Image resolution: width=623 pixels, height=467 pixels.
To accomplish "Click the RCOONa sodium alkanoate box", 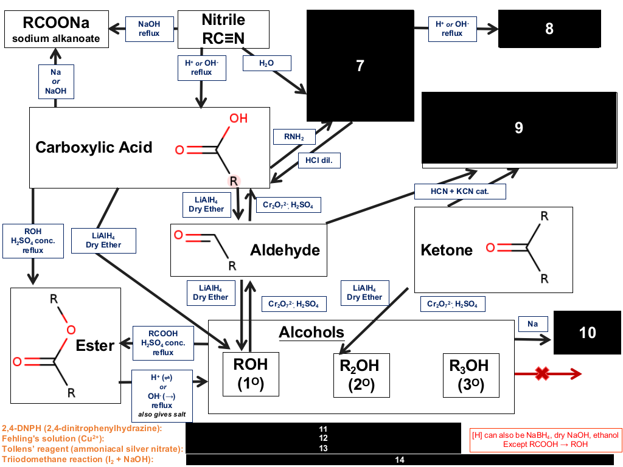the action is pyautogui.click(x=57, y=29).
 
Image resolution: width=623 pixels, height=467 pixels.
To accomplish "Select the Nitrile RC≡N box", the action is pyautogui.click(x=223, y=29).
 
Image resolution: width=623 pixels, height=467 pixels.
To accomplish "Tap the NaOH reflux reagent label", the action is pyautogui.click(x=150, y=29).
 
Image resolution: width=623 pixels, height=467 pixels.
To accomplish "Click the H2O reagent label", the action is pyautogui.click(x=266, y=63).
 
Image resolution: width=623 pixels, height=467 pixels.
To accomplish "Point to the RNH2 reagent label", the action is pyautogui.click(x=294, y=137).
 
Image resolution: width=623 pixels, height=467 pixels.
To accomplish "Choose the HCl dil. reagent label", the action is pyautogui.click(x=319, y=161).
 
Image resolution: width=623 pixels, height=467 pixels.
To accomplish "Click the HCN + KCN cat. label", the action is pyautogui.click(x=460, y=192).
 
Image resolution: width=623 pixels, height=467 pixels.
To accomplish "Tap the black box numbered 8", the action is pyautogui.click(x=549, y=29).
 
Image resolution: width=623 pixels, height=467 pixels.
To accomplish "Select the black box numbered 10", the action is pyautogui.click(x=587, y=333).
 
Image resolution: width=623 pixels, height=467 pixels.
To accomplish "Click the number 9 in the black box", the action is pyautogui.click(x=519, y=128).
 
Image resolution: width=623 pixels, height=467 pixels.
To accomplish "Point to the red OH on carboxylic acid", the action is pyautogui.click(x=238, y=119).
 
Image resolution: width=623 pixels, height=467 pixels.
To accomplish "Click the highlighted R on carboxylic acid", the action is pyautogui.click(x=234, y=181).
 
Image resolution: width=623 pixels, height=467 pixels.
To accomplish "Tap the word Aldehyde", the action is pyautogui.click(x=285, y=250).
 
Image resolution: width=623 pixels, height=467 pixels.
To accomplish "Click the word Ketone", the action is pyautogui.click(x=447, y=250).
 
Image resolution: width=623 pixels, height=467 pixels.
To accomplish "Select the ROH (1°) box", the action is pyautogui.click(x=251, y=374).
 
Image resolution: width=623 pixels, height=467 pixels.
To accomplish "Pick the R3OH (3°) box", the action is pyautogui.click(x=471, y=375).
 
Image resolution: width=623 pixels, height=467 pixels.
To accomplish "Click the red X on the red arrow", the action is pyautogui.click(x=542, y=373).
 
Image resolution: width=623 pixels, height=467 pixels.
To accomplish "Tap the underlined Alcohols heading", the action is pyautogui.click(x=311, y=333).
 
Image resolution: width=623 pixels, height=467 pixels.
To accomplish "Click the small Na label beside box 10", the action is pyautogui.click(x=533, y=324).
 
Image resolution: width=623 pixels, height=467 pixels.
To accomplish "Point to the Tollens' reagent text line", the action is pyautogui.click(x=93, y=449).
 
